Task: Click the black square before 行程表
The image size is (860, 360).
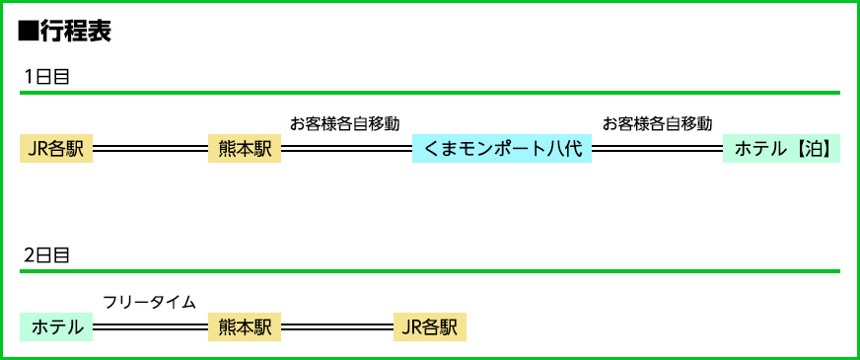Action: coord(29,32)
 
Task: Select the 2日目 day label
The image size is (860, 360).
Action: coord(46,255)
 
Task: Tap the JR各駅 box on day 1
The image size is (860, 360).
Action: coord(56,149)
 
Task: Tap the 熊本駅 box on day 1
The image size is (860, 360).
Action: coord(245,149)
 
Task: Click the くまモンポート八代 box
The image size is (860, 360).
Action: coord(501,149)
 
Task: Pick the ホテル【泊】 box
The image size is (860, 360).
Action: coord(781,149)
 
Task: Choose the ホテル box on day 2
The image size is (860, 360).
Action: coord(56,326)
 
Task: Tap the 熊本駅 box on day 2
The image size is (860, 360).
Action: coord(245,326)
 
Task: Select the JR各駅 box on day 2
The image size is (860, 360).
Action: coord(429,326)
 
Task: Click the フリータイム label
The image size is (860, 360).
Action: coord(149,302)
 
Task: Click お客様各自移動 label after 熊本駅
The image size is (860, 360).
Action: coord(345,123)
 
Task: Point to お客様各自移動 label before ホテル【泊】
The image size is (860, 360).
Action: coord(657,123)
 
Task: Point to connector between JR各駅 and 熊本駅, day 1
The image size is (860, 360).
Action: coord(150,149)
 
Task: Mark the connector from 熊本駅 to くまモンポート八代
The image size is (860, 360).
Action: coord(346,149)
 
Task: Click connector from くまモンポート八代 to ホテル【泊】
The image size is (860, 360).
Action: coord(657,149)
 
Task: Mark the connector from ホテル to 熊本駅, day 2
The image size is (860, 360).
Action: coord(150,326)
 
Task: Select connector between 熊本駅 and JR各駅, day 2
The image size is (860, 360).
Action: coord(337,326)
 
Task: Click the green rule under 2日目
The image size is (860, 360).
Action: coord(430,270)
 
